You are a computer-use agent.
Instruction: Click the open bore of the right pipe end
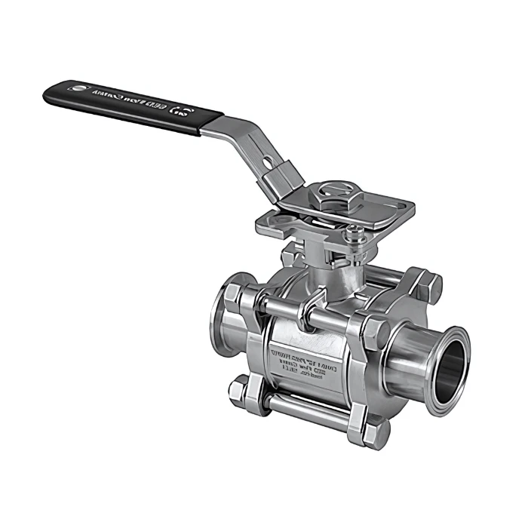[450, 364]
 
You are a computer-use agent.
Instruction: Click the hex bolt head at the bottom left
[240, 391]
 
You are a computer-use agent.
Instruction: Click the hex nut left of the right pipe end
[376, 332]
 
